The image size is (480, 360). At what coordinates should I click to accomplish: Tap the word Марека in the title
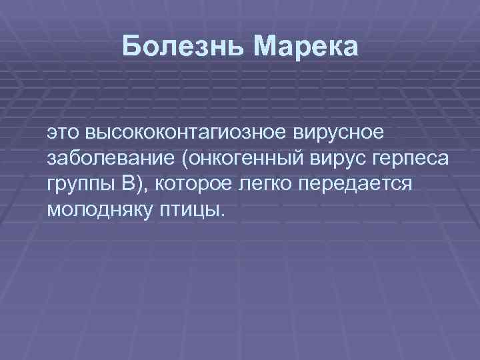tap(306, 47)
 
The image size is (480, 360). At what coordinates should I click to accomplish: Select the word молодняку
tap(101, 210)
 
